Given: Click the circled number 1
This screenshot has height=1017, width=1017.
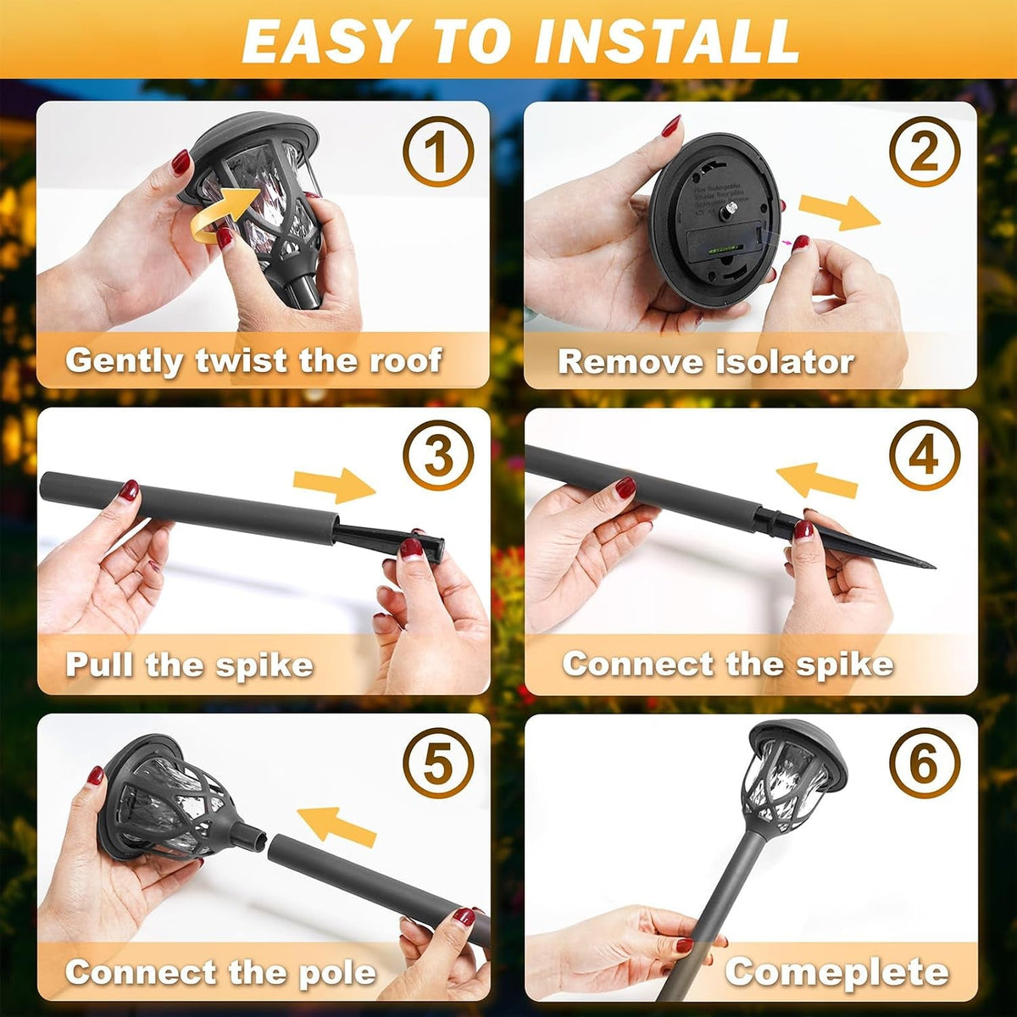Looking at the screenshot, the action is point(438,152).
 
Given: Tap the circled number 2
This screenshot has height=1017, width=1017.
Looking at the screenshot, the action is point(925,152).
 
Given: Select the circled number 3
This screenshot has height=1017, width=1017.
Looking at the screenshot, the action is point(438,456).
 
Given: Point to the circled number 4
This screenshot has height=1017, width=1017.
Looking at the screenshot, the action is point(925,456).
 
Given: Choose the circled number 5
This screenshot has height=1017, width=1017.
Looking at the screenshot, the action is point(438,763).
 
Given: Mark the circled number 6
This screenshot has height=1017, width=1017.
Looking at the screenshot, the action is point(925,763).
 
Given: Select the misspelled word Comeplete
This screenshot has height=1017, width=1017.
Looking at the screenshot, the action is point(836,970).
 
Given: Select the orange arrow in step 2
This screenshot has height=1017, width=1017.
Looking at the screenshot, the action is point(840,212).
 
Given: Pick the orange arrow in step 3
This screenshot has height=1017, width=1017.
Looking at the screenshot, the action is point(335,485).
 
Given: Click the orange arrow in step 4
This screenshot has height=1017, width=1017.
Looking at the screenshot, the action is point(816,481).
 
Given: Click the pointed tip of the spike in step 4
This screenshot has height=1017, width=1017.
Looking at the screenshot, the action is point(934,567).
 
